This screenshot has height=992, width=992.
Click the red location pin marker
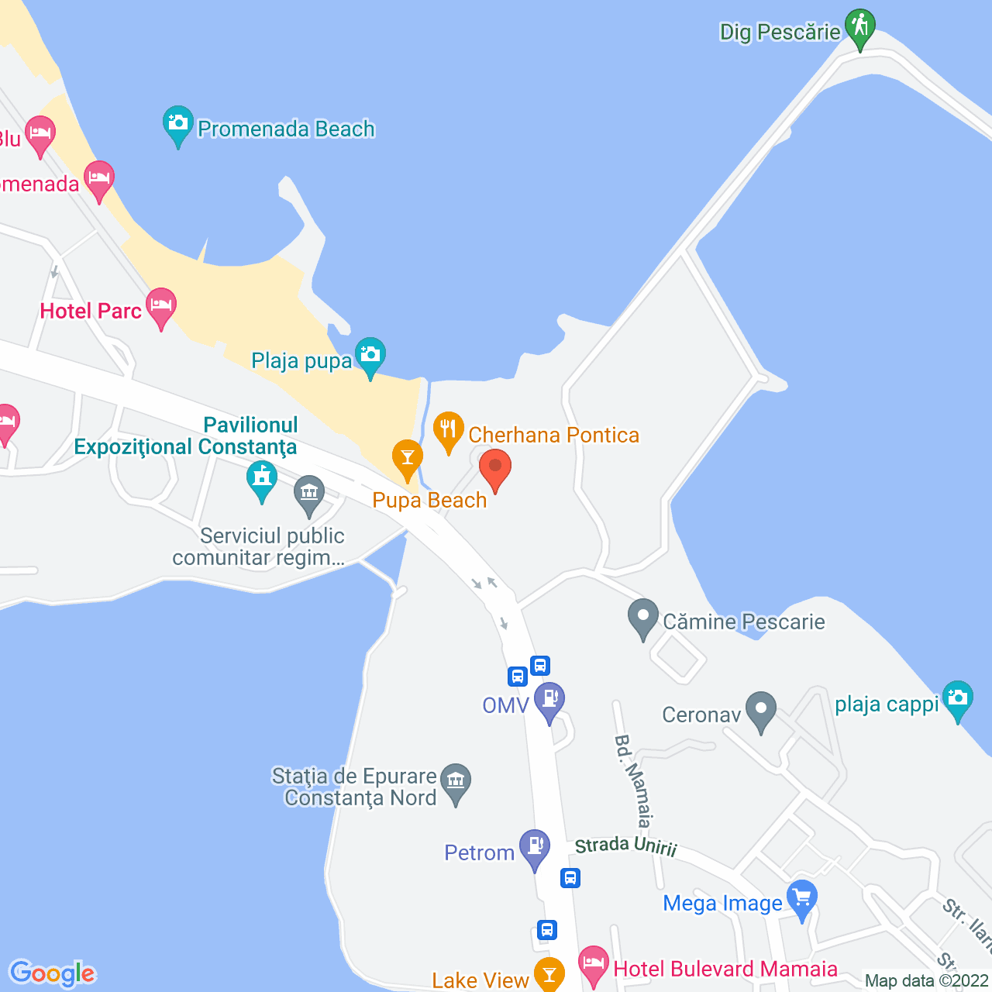tap(495, 468)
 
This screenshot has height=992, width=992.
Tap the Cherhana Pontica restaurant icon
tap(448, 430)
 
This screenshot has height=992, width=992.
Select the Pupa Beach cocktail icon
tap(407, 458)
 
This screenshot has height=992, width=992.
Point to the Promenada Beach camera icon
tap(178, 124)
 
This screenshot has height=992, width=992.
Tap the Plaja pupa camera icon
tap(370, 356)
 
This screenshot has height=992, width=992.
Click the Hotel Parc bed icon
tap(161, 307)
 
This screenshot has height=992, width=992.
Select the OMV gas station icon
tap(549, 700)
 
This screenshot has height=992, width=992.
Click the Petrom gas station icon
tap(535, 847)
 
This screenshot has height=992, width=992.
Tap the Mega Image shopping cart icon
tap(802, 899)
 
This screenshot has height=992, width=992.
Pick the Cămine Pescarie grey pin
tap(642, 618)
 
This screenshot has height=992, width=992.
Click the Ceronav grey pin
tap(761, 710)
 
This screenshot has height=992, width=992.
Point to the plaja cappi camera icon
tap(958, 698)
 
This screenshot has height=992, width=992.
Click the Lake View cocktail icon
tap(549, 973)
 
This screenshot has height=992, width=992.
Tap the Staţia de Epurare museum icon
tap(456, 781)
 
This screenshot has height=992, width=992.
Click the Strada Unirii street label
tap(626, 846)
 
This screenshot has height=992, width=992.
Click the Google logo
tap(53, 973)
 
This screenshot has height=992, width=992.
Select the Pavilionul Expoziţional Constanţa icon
tap(262, 479)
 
